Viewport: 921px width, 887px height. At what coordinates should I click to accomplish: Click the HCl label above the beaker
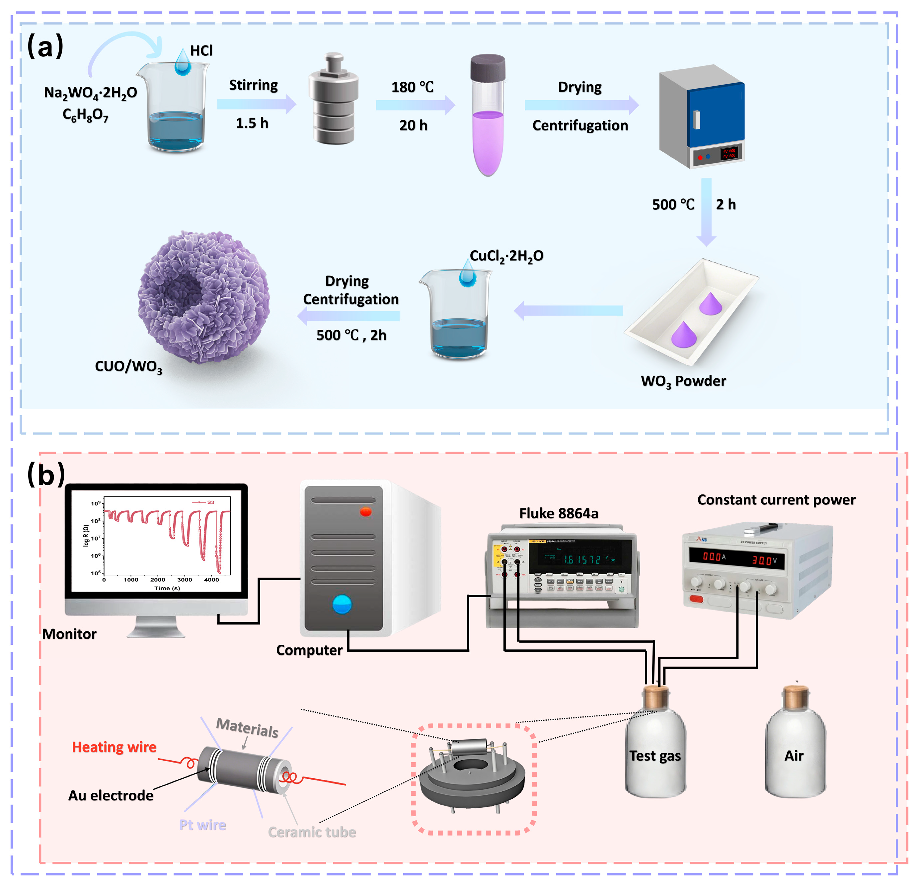pos(201,51)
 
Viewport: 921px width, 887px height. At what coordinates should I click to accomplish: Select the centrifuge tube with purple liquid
pos(488,117)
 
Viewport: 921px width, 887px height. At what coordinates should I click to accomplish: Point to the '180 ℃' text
pos(412,87)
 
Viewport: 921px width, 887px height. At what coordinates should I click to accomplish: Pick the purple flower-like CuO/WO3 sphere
pos(203,297)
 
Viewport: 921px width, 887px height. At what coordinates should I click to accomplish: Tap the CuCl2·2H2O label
pos(506,256)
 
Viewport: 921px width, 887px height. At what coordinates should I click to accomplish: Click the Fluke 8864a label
pos(558,513)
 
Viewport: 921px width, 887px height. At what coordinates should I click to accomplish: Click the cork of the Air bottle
pos(796,697)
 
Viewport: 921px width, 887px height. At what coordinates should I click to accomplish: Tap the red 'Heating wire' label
pos(114,747)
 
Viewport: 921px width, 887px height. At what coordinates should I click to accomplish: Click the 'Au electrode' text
pos(111,795)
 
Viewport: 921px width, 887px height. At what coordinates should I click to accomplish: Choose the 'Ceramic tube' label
pos(312,832)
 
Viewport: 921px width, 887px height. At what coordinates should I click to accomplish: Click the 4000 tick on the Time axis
pos(211,580)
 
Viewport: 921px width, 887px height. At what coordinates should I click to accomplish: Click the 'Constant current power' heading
pos(776,499)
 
